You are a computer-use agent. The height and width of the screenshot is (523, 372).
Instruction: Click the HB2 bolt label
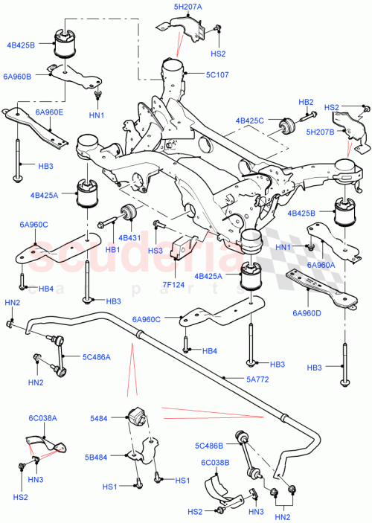click(x=306, y=101)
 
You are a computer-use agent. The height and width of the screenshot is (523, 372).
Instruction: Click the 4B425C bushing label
click(x=250, y=120)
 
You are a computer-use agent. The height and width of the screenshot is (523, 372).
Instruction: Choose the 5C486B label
click(x=209, y=446)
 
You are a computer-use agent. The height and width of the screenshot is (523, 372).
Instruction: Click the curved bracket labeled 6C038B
click(x=219, y=487)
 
